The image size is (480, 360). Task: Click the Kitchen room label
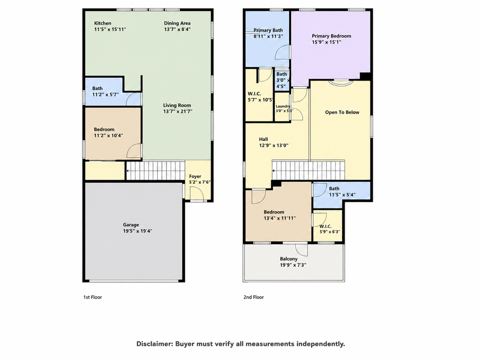(x=103, y=23)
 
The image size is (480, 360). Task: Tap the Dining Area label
(x=177, y=23)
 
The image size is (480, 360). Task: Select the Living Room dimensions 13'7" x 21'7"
(x=178, y=112)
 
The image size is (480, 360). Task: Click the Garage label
(x=131, y=225)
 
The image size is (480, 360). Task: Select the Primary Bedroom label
(x=331, y=36)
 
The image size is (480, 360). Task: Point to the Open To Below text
(x=342, y=112)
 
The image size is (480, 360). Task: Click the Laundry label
(x=283, y=106)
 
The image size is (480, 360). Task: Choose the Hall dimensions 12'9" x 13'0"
(x=274, y=146)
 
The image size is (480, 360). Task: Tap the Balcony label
(x=289, y=259)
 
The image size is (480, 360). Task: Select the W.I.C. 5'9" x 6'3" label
(x=330, y=229)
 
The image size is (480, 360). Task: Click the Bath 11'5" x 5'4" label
(x=342, y=192)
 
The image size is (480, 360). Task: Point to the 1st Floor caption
(x=93, y=297)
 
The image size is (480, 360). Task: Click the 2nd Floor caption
(x=254, y=297)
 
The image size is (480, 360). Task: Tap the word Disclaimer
(x=154, y=344)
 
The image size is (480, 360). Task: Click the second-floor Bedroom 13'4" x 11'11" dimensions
(x=280, y=218)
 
